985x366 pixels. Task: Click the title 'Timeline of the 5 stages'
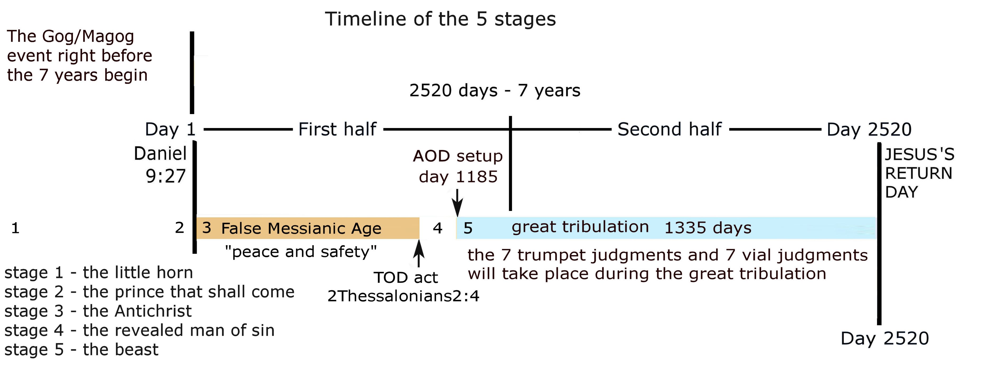pyautogui.click(x=441, y=19)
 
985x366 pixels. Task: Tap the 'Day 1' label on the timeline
pyautogui.click(x=170, y=129)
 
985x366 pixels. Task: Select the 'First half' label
pyautogui.click(x=337, y=129)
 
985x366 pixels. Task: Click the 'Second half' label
pyautogui.click(x=669, y=129)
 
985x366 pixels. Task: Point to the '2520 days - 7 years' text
pyautogui.click(x=495, y=91)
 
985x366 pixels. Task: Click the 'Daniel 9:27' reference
pyautogui.click(x=161, y=165)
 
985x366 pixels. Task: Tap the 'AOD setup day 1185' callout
pyautogui.click(x=458, y=166)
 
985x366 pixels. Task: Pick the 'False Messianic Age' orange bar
pyautogui.click(x=308, y=228)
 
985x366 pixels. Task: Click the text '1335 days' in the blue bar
pyautogui.click(x=708, y=228)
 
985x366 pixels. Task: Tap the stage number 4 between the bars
pyautogui.click(x=437, y=228)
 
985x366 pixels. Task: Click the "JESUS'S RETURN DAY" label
pyautogui.click(x=919, y=173)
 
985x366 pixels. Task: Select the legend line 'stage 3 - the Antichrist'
pyautogui.click(x=98, y=311)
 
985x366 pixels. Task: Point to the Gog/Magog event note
pyautogui.click(x=79, y=56)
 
